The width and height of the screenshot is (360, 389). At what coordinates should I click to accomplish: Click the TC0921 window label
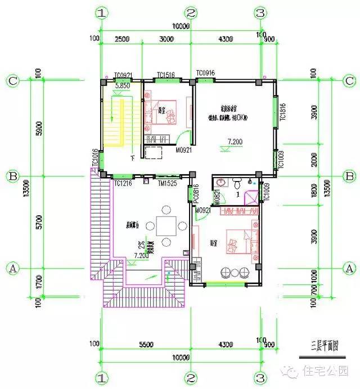click(123, 75)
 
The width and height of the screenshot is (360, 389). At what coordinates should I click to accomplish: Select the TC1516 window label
click(165, 75)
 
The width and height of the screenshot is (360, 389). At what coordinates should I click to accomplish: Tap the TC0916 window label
click(205, 74)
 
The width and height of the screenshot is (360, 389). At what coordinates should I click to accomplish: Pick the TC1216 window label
click(123, 184)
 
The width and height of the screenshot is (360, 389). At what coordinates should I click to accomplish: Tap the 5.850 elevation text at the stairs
click(122, 86)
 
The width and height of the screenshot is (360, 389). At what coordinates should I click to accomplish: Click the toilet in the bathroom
click(238, 183)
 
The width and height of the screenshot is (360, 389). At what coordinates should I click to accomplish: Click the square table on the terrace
click(165, 227)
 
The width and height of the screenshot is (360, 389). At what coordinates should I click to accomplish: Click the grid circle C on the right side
click(349, 80)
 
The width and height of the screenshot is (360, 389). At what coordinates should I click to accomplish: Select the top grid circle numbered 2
click(191, 12)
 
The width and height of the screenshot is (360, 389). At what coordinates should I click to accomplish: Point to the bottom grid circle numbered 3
click(260, 377)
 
